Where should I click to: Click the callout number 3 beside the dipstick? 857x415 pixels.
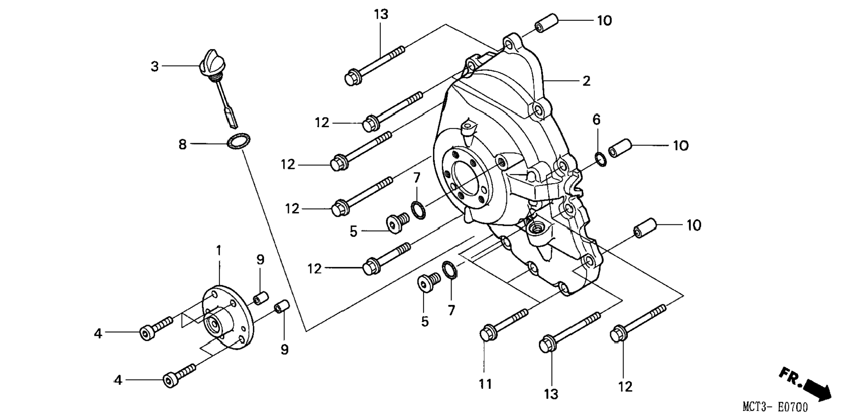click(154, 67)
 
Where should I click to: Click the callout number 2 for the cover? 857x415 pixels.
click(586, 81)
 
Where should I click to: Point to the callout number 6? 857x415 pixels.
click(596, 120)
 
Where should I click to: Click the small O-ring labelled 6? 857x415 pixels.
click(600, 159)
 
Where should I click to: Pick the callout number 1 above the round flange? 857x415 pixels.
click(218, 251)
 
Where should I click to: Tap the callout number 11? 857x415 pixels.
click(486, 384)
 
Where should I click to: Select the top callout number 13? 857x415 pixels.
click(381, 15)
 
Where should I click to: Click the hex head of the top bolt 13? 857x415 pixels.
click(353, 78)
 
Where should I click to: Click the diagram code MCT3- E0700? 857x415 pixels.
click(775, 407)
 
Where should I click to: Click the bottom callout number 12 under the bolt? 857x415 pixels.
click(625, 387)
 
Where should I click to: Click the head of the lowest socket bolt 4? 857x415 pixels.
click(170, 381)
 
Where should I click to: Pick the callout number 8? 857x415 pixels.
click(182, 145)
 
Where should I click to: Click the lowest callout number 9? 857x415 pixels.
click(284, 350)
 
